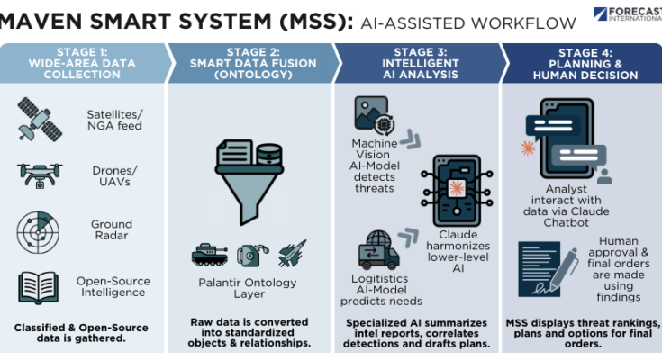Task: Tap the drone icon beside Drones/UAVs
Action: coord(39,175)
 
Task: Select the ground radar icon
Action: coord(39,230)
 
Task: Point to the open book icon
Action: coord(39,286)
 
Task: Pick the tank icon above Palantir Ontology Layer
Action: coord(210,255)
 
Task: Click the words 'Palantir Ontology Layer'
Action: coord(249,289)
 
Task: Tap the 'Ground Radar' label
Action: coord(111,230)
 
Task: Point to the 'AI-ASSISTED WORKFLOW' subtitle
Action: coord(468,22)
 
